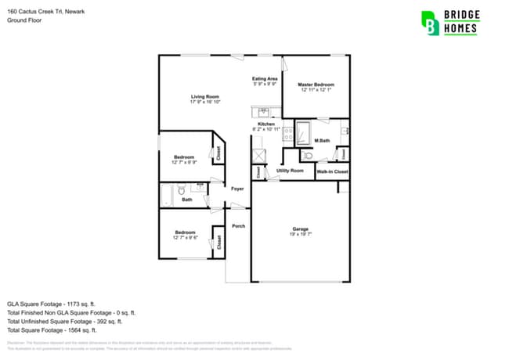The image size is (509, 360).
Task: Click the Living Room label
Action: pyautogui.click(x=204, y=97)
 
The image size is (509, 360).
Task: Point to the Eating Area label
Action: pyautogui.click(x=265, y=79)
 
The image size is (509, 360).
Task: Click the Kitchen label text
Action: pyautogui.click(x=266, y=124)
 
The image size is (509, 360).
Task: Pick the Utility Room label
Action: pyautogui.click(x=290, y=170)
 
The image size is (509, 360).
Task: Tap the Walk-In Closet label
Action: pyautogui.click(x=331, y=171)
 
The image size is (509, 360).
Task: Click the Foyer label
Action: pyautogui.click(x=237, y=189)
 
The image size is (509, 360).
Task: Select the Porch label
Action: pyautogui.click(x=238, y=226)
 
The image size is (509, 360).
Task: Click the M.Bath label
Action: pyautogui.click(x=322, y=141)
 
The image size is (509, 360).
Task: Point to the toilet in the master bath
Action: pyautogui.click(x=306, y=156)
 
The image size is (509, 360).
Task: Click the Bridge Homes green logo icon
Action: pyautogui.click(x=430, y=23)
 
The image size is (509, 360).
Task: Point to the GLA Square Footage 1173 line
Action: pyautogui.click(x=51, y=303)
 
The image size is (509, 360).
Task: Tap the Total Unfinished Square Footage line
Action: pyautogui.click(x=64, y=321)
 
